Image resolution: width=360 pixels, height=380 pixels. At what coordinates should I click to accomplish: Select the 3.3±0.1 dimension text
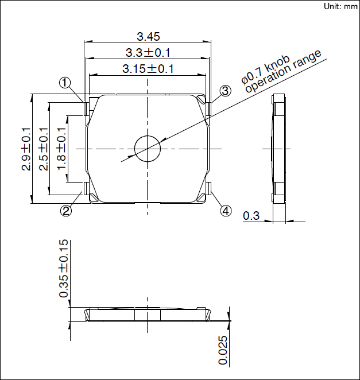149,53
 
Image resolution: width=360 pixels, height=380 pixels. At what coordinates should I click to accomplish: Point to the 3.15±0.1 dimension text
149,69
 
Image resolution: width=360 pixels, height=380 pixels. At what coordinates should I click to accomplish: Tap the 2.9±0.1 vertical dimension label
26,149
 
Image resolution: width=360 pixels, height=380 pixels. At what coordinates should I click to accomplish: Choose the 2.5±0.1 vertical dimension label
44,149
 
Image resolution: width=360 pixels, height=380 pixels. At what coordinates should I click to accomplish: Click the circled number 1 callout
65,83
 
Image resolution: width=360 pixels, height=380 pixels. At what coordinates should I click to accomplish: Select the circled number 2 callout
67,211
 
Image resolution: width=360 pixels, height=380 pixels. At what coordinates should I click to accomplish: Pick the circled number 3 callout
225,91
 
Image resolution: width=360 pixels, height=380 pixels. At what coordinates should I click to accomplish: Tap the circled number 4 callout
226,211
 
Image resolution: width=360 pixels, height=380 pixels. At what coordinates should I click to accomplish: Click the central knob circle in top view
148,148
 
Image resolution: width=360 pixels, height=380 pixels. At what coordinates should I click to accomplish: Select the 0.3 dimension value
251,216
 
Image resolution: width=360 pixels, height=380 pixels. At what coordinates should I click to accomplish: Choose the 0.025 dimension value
223,350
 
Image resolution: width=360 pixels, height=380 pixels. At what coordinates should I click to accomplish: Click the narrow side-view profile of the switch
278,149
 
